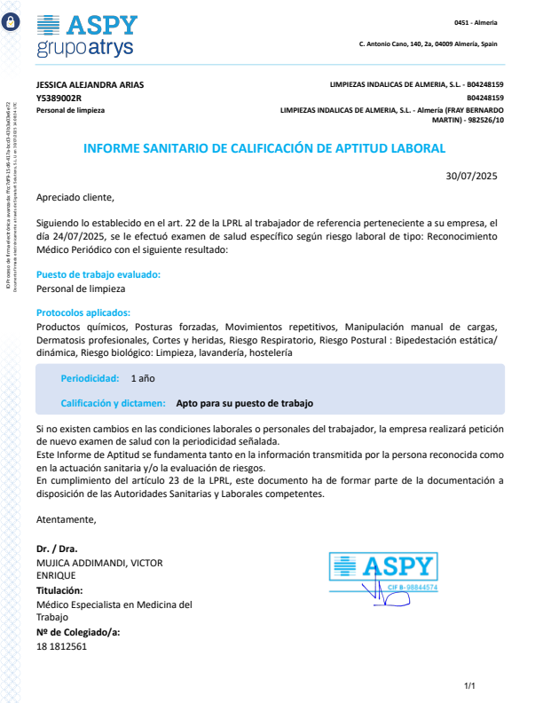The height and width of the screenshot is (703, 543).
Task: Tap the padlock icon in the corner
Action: click(11, 24)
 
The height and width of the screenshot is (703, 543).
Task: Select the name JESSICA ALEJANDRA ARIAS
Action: click(90, 85)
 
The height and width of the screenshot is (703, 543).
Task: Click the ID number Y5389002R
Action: click(59, 98)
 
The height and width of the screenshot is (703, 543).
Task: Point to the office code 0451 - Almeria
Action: click(476, 22)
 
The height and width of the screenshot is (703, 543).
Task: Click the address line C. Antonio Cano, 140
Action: click(428, 43)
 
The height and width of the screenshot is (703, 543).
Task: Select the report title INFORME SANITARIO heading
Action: click(264, 149)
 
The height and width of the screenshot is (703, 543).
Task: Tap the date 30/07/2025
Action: click(472, 176)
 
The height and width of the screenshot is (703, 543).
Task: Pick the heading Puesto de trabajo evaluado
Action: click(98, 275)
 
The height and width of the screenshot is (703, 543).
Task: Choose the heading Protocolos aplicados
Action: click(83, 312)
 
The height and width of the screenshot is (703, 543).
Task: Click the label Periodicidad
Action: click(90, 378)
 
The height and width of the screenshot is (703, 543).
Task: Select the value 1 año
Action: click(143, 378)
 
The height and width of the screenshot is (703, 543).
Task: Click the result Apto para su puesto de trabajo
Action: click(245, 403)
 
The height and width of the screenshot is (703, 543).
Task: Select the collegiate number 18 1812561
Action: click(62, 647)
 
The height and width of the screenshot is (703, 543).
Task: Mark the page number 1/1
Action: click(470, 686)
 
